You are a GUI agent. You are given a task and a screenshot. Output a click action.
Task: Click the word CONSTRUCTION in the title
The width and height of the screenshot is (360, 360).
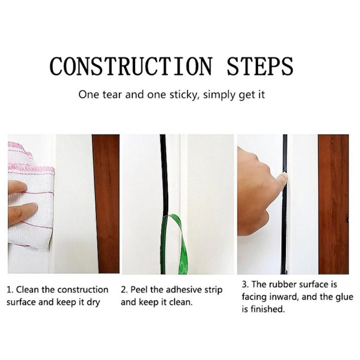point(130,66)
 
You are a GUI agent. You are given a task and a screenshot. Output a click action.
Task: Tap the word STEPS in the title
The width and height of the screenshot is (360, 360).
point(260,66)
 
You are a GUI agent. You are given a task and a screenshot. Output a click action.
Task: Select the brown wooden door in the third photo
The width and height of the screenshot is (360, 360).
point(334,204)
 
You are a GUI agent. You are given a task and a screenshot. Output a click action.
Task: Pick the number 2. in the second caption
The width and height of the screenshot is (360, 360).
point(124,290)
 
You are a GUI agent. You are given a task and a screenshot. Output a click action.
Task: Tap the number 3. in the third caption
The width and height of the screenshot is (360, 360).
point(245,285)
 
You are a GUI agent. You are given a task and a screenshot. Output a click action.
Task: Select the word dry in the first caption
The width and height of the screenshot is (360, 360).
point(94,302)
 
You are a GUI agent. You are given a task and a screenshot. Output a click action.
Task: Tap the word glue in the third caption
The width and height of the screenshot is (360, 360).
point(343,297)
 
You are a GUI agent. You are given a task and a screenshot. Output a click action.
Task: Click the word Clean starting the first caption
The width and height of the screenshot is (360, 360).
point(28,290)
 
